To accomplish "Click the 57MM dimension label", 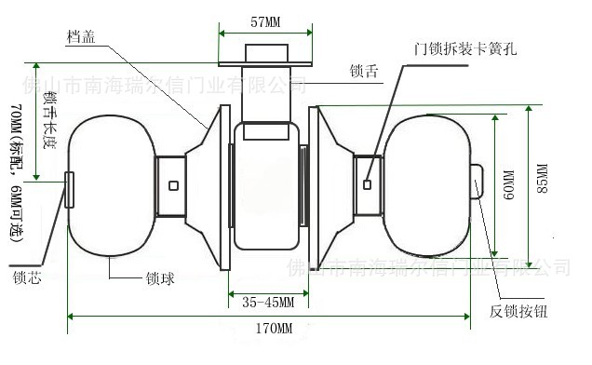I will coord(266,20).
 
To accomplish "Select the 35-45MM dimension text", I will coord(268,303).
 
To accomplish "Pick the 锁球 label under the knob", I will coord(161,277).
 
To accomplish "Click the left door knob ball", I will coord(107,183).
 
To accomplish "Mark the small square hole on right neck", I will coord(368,184).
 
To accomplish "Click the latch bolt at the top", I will coord(266,53).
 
